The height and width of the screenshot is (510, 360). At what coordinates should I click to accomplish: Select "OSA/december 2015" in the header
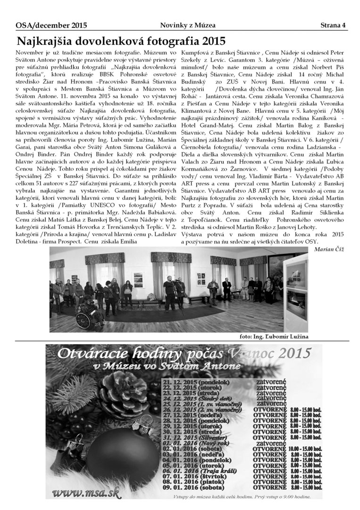[44, 25]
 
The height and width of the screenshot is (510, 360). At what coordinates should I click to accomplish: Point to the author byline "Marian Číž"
[327, 249]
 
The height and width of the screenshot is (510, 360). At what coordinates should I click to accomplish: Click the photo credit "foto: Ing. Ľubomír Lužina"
[274, 336]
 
